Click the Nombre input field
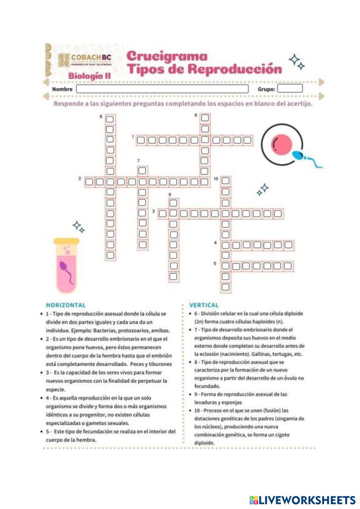point(162,89)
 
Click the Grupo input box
point(289,89)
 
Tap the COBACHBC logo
point(85,60)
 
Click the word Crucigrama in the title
point(167,56)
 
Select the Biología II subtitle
point(89,76)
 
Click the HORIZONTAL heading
point(66,305)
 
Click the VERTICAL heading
point(204,305)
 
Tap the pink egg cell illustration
point(281,144)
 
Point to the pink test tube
point(67,265)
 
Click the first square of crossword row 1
point(141,140)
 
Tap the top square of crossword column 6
point(204,118)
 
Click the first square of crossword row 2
point(89,182)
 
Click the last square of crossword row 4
point(288,246)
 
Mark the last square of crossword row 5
point(288,266)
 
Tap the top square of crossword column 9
point(174,203)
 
